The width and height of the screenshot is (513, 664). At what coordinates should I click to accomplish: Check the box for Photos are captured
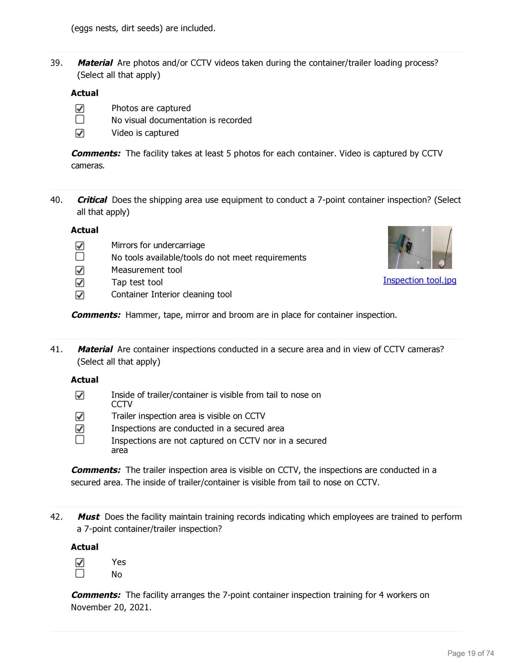pyautogui.click(x=80, y=109)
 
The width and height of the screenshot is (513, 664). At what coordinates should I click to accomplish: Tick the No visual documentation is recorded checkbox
pyautogui.click(x=80, y=120)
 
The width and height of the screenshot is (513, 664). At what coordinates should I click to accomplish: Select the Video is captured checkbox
pyautogui.click(x=80, y=133)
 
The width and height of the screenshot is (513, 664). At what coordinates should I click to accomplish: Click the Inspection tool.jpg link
pyautogui.click(x=419, y=280)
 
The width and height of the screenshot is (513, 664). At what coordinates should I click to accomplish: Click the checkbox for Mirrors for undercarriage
pyautogui.click(x=80, y=246)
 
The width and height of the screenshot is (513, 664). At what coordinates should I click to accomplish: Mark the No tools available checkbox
pyautogui.click(x=80, y=257)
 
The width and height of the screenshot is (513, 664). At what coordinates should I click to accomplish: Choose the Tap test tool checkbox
pyautogui.click(x=80, y=283)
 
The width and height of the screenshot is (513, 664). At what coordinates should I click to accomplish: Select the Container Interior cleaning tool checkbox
pyautogui.click(x=80, y=295)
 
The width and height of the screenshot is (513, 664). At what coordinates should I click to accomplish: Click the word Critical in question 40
pyautogui.click(x=92, y=200)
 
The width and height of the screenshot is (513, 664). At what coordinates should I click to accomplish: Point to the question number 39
pyautogui.click(x=56, y=63)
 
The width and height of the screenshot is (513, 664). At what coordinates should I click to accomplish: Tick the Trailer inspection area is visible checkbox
pyautogui.click(x=80, y=416)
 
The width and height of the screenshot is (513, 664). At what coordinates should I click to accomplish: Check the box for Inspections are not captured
pyautogui.click(x=80, y=440)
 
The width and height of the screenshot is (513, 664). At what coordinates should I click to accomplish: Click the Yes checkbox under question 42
pyautogui.click(x=80, y=563)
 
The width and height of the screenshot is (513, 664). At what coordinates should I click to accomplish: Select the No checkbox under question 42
pyautogui.click(x=80, y=573)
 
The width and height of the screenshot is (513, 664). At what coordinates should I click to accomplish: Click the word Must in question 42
pyautogui.click(x=88, y=517)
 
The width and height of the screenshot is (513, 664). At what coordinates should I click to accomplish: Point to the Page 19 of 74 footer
pyautogui.click(x=470, y=653)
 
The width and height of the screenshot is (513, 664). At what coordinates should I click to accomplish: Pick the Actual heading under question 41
pyautogui.click(x=84, y=380)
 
